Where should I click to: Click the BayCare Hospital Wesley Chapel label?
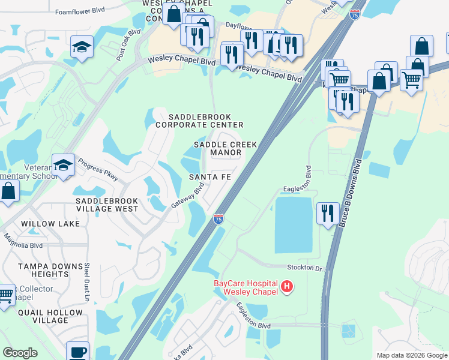pyautogui.click(x=246, y=287)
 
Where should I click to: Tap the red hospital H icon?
pyautogui.click(x=287, y=287)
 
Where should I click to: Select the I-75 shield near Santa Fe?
pyautogui.click(x=218, y=219)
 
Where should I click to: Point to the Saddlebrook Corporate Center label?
pyautogui.click(x=199, y=121)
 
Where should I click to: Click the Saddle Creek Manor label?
pyautogui.click(x=226, y=149)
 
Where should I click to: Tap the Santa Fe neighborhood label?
pyautogui.click(x=210, y=177)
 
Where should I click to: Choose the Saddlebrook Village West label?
pyautogui.click(x=107, y=205)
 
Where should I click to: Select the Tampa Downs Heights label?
pyautogui.click(x=50, y=270)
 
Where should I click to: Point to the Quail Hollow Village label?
pyautogui.click(x=50, y=316)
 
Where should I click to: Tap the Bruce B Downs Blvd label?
pyautogui.click(x=351, y=193)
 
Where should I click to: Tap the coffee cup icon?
pyautogui.click(x=77, y=351)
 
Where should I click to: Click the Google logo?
pyautogui.click(x=20, y=353)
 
